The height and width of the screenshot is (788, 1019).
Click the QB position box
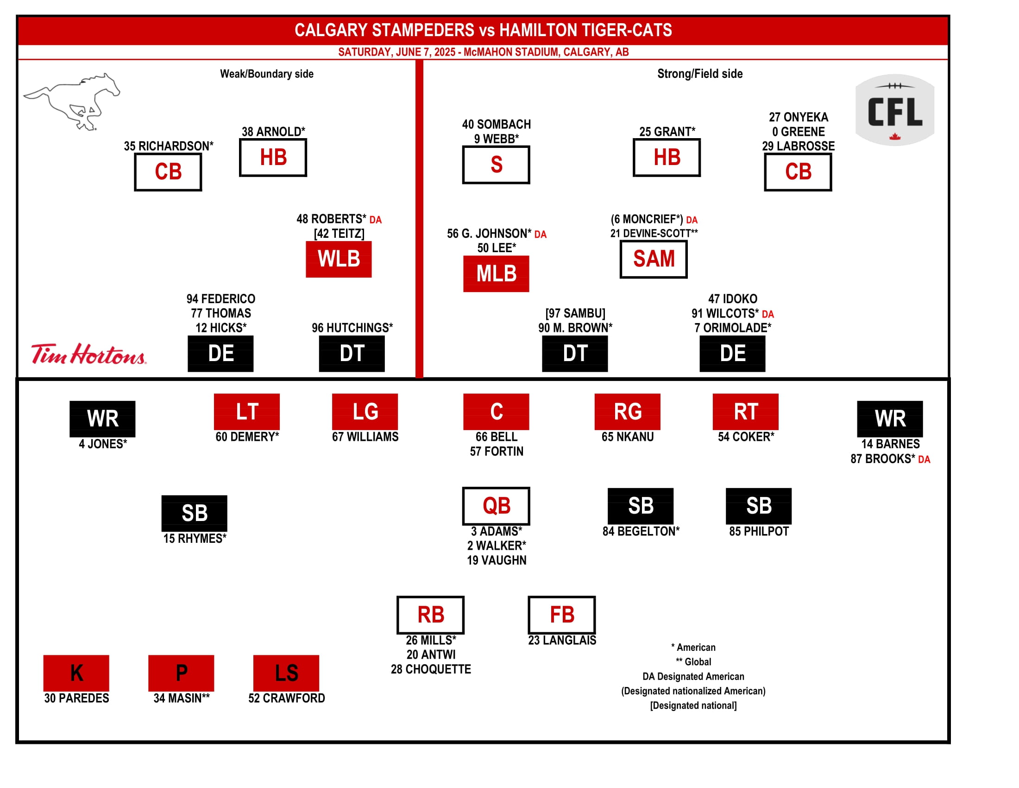coord(496,506)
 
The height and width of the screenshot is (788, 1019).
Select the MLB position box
coord(496,273)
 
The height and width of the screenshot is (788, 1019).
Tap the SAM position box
coord(653,259)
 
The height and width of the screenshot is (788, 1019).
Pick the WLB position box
coord(339,259)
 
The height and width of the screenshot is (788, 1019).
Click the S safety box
coord(496,165)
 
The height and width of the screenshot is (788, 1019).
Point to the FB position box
coord(561,615)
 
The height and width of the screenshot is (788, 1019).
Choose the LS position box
coord(286,673)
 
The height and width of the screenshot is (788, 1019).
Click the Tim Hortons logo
coord(88,354)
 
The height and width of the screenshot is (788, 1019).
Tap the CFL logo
coord(894,110)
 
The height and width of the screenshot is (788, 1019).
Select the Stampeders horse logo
coord(72,101)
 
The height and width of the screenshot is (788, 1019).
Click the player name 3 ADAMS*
coord(496,531)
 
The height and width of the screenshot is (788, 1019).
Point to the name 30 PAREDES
coord(76,698)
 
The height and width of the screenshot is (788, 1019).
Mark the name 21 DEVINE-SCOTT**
coord(654,234)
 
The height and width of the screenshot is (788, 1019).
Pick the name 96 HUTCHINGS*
coord(352,328)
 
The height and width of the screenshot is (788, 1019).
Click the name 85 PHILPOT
coord(759,531)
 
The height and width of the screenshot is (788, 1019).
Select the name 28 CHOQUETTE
coord(431,669)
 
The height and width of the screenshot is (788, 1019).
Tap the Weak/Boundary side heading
coord(266,74)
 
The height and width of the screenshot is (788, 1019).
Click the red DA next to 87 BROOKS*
coord(924,459)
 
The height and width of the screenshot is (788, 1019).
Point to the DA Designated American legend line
coord(693,676)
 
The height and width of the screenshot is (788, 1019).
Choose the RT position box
coord(745,412)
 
